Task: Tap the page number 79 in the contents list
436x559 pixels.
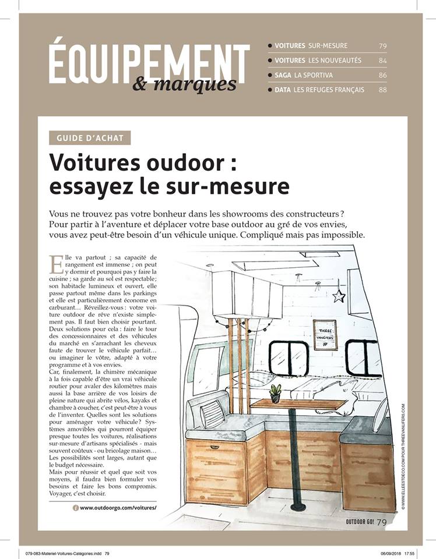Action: click(x=382, y=45)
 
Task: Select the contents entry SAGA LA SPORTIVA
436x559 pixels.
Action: click(x=309, y=75)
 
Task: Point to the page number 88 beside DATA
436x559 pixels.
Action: click(x=382, y=90)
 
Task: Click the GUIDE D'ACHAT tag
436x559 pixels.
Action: click(x=90, y=138)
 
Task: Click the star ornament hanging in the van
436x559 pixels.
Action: click(x=339, y=296)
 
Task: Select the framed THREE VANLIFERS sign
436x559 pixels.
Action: click(x=325, y=334)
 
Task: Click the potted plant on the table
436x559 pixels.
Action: click(x=275, y=393)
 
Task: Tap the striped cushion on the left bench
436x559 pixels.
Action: click(x=213, y=413)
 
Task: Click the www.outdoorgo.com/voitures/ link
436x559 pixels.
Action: click(x=118, y=508)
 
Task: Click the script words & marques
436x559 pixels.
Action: click(x=184, y=84)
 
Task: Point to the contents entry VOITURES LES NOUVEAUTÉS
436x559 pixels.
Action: click(x=318, y=60)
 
